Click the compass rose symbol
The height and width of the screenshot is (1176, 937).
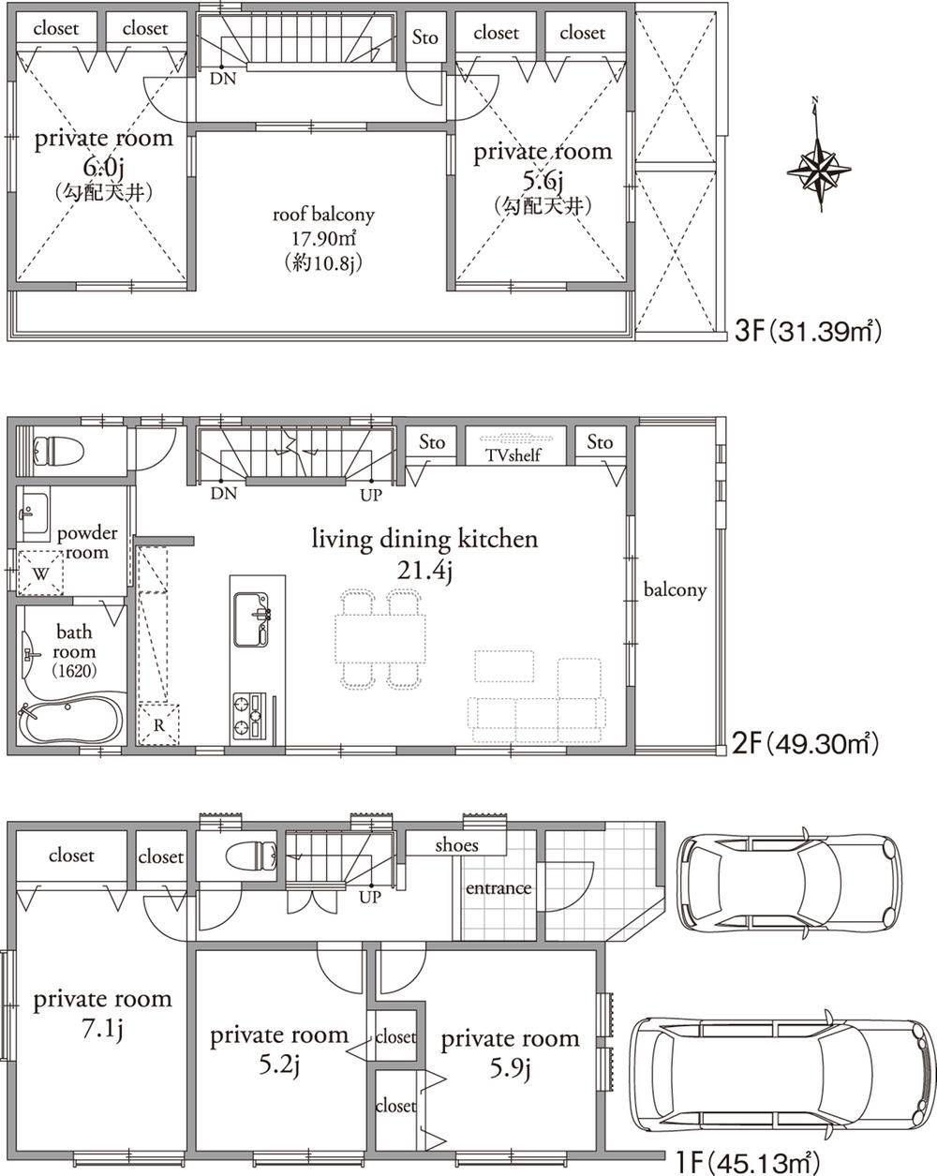[818, 170]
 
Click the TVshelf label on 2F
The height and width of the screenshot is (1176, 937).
[513, 455]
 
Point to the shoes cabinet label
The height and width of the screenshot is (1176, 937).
[456, 844]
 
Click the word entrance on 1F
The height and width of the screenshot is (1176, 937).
[498, 887]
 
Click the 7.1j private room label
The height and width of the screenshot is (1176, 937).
[102, 1014]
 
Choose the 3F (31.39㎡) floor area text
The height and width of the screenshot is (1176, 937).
[808, 331]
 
